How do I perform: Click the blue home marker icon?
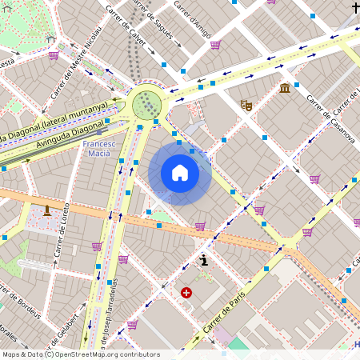180,174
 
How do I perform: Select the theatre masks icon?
246,105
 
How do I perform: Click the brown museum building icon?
285,88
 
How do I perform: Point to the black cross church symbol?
355,8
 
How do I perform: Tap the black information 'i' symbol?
205,260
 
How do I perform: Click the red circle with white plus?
186,293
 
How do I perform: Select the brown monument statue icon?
47,210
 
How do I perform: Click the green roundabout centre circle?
147,105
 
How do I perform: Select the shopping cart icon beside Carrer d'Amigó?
215,45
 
